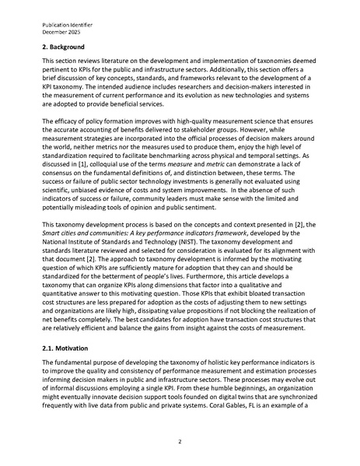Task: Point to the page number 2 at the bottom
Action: click(180, 441)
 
